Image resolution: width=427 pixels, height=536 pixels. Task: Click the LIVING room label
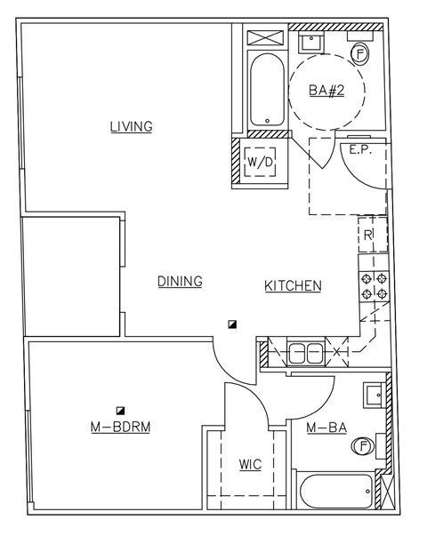pyautogui.click(x=131, y=126)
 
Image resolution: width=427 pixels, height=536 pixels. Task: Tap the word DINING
pyautogui.click(x=180, y=282)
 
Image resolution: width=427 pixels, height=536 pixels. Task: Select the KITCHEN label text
pyautogui.click(x=293, y=285)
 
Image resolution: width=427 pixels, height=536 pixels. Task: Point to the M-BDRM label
pyautogui.click(x=120, y=428)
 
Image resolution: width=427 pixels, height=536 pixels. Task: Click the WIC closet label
pyautogui.click(x=250, y=465)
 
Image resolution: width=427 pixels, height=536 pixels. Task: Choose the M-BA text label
pyautogui.click(x=326, y=429)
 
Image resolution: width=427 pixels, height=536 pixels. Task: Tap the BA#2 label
pyautogui.click(x=326, y=90)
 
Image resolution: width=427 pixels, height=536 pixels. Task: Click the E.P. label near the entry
pyautogui.click(x=359, y=150)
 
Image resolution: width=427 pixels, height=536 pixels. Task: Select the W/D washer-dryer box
pyautogui.click(x=261, y=163)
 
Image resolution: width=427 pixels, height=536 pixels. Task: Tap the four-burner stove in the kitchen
pyautogui.click(x=373, y=285)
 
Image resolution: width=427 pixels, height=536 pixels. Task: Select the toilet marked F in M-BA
pyautogui.click(x=363, y=447)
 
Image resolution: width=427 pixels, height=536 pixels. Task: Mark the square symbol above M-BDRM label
pyautogui.click(x=119, y=410)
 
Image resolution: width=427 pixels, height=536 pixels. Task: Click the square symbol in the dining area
pyautogui.click(x=231, y=324)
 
